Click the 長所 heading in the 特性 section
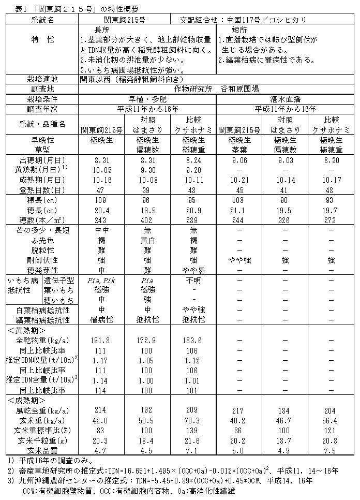point(103,30)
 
